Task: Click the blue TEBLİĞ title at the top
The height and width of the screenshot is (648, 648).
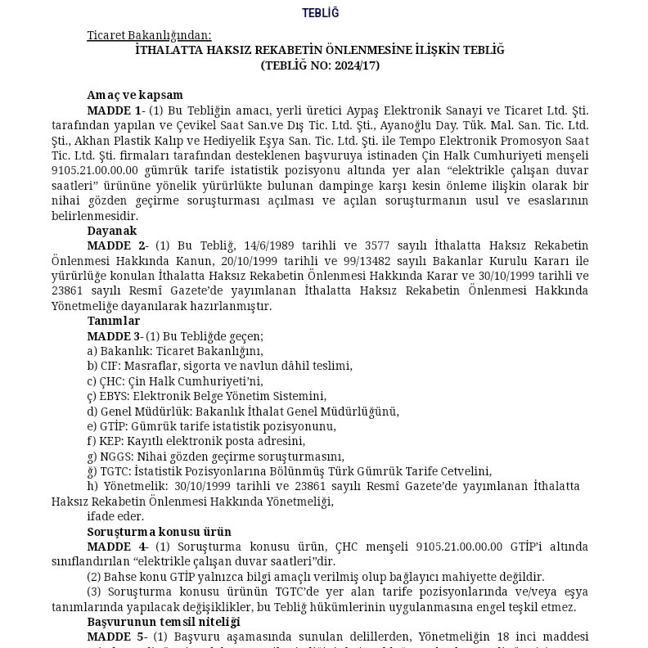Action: tap(320, 13)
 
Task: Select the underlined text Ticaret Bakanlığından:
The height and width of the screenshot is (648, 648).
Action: tap(149, 35)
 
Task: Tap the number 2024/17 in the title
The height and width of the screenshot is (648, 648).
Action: tap(354, 65)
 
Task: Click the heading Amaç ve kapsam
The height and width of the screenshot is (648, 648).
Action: tap(135, 96)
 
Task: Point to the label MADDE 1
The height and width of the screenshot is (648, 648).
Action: tap(115, 110)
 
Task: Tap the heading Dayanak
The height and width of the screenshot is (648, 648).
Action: tap(112, 232)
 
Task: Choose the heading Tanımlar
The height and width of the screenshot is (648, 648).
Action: tap(114, 322)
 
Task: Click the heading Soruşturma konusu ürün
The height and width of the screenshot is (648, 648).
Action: tap(159, 532)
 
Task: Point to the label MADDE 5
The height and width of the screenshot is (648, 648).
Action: tap(115, 637)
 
